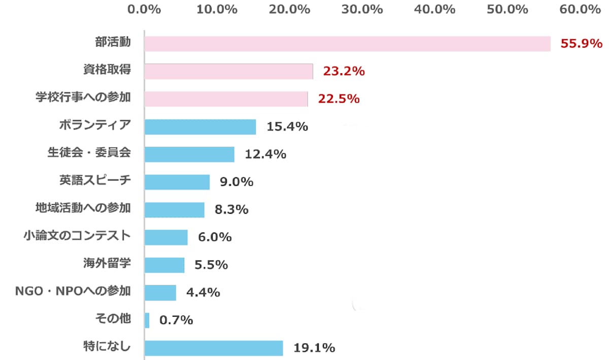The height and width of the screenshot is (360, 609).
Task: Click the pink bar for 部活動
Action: (x=347, y=44)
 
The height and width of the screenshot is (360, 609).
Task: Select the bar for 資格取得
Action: (x=228, y=72)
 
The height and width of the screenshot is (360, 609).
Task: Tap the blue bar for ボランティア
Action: (x=200, y=127)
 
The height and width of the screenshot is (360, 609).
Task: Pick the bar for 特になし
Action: (x=214, y=348)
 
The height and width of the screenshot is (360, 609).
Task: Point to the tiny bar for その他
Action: (x=147, y=320)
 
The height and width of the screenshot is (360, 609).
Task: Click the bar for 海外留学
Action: (x=164, y=265)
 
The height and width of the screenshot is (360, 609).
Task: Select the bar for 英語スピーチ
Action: (x=177, y=182)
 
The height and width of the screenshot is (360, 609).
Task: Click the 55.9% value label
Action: (x=581, y=44)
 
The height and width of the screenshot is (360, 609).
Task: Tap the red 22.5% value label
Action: (x=339, y=99)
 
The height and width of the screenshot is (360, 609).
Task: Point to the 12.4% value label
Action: (x=265, y=154)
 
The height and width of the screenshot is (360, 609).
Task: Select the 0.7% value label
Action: (x=176, y=320)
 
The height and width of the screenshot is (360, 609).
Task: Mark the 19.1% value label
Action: (x=314, y=348)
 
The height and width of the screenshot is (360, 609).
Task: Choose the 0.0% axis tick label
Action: (x=144, y=9)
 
